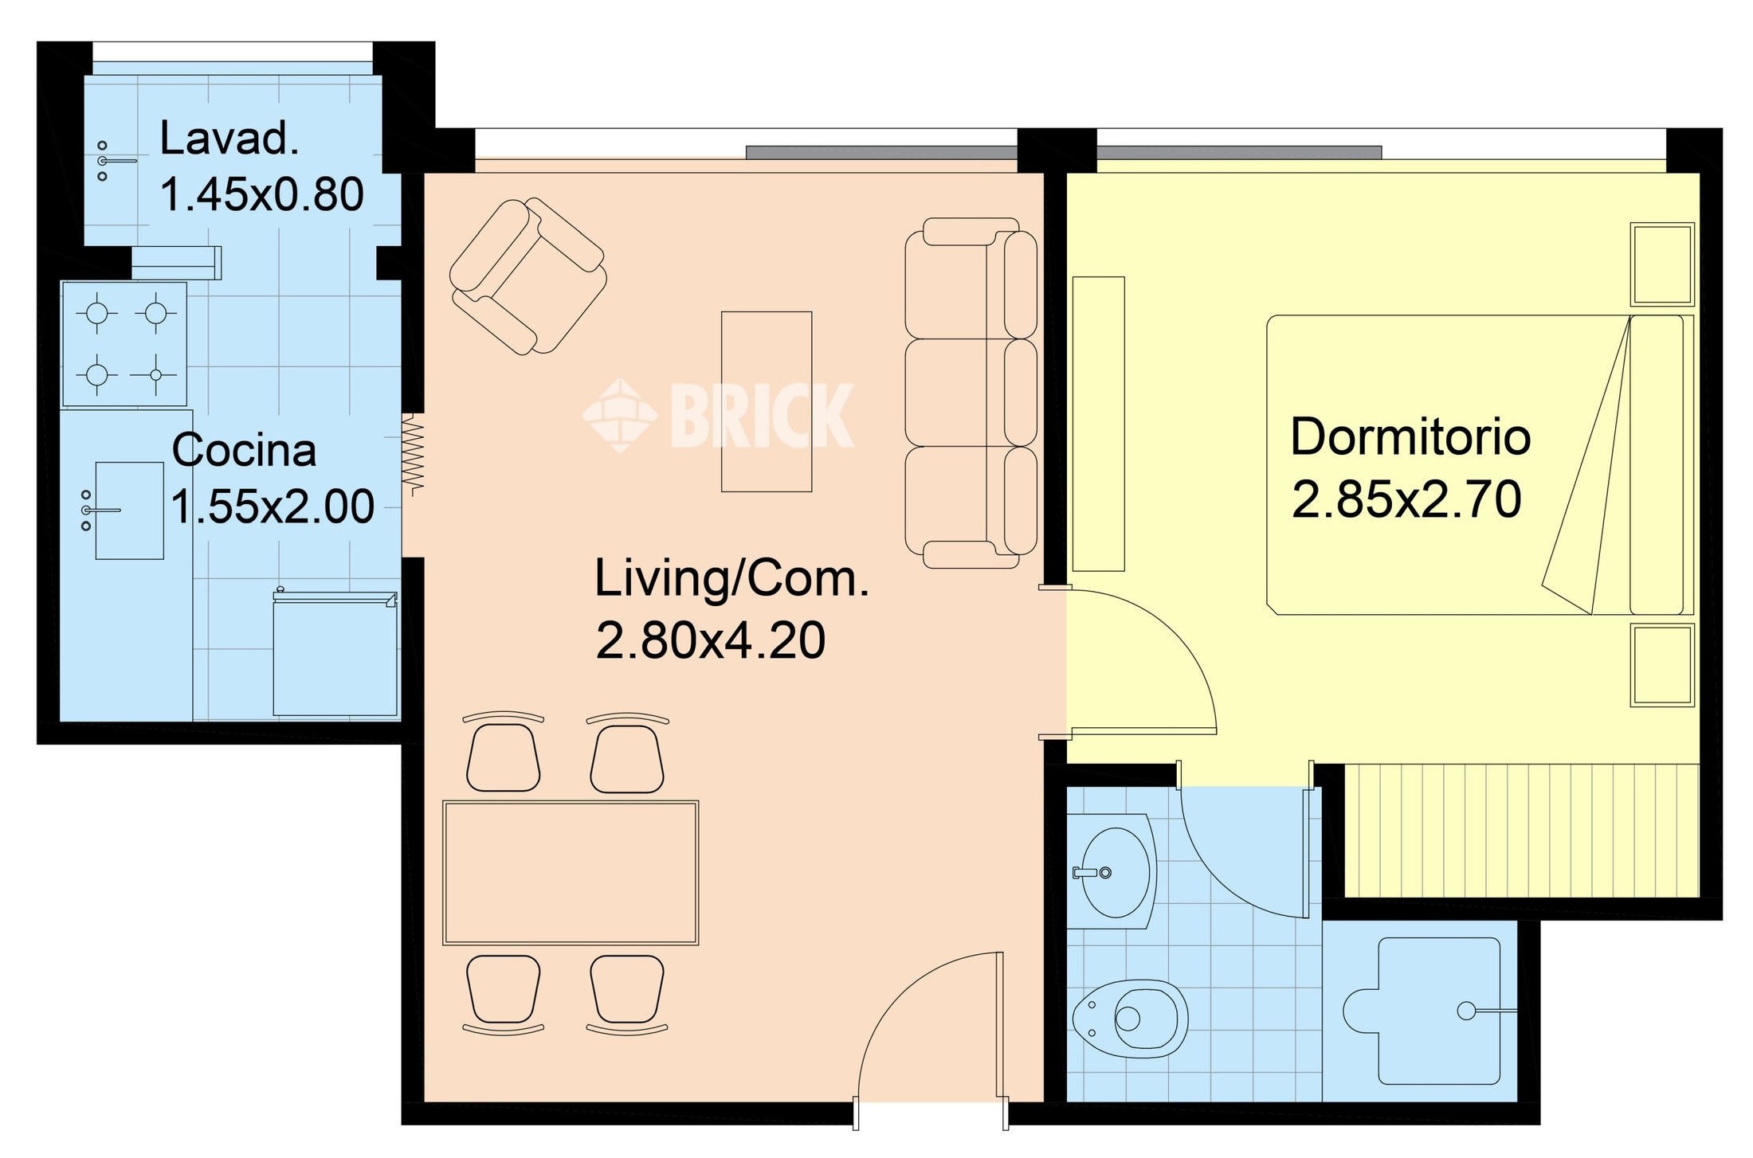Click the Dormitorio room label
pos(1410,437)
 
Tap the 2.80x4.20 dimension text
pos(711,640)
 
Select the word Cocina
pos(244,450)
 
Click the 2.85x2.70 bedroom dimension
pos(1406,499)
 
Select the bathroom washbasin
pos(1112,871)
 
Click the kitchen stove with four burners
pos(124,344)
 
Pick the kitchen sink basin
pos(130,511)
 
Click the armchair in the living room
pos(527,276)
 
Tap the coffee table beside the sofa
pos(767,401)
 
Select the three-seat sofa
pos(971,393)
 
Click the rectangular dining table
pos(571,873)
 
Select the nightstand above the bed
pos(1662,264)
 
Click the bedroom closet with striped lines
pos(1522,830)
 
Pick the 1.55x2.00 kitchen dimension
pos(273,507)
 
